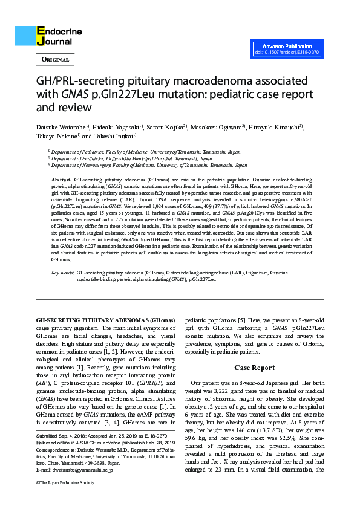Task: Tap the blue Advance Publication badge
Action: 287,50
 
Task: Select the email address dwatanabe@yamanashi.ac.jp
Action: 69,468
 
